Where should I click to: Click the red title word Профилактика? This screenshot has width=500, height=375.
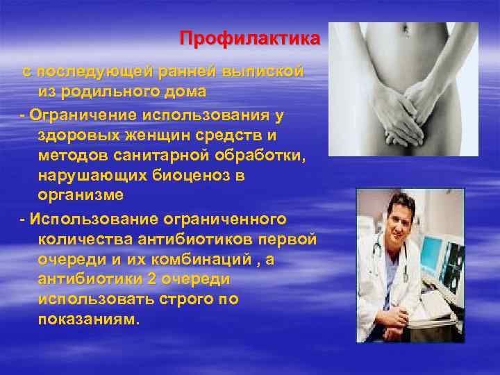point(250,37)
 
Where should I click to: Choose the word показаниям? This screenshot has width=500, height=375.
point(87,320)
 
